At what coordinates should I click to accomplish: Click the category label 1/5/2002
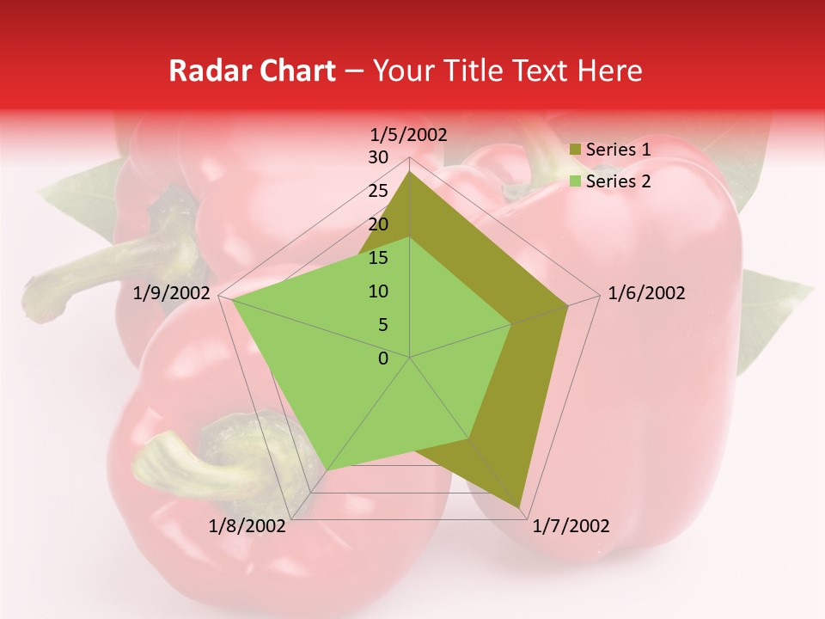409,134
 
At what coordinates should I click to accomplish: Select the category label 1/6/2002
646,293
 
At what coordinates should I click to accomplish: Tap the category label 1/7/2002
571,526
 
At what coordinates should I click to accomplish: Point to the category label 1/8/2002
247,526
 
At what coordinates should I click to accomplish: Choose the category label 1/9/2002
172,293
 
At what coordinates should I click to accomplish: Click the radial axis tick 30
378,157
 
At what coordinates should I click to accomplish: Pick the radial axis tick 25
378,191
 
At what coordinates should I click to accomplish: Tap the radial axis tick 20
378,224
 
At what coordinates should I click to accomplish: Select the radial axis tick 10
378,291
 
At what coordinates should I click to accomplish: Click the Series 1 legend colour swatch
575,150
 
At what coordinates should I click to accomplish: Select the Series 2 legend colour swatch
575,181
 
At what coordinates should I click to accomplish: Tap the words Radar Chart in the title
252,70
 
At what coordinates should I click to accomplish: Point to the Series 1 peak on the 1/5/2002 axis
410,171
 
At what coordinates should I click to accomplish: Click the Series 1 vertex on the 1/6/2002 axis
568,305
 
